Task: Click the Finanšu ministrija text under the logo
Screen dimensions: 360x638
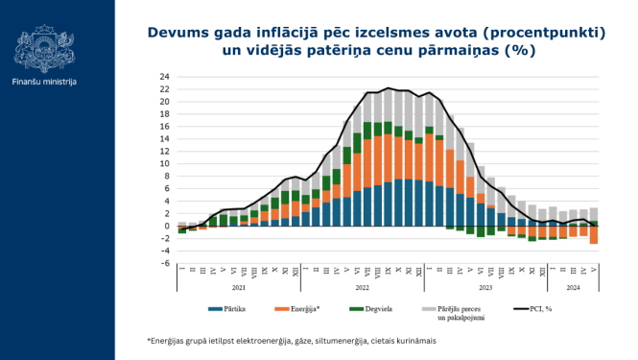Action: pyautogui.click(x=44, y=82)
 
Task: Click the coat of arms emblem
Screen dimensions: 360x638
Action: pyautogui.click(x=44, y=46)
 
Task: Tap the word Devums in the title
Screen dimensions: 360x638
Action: pyautogui.click(x=177, y=33)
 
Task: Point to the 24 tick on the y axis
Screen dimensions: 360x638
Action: pyautogui.click(x=164, y=77)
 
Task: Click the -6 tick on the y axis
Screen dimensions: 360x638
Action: pyautogui.click(x=165, y=263)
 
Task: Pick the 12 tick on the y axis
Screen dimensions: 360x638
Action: pyautogui.click(x=164, y=152)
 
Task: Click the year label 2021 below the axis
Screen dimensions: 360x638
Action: pyautogui.click(x=240, y=286)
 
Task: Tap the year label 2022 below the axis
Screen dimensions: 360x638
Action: pyautogui.click(x=363, y=286)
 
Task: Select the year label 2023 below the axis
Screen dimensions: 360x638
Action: pyautogui.click(x=485, y=286)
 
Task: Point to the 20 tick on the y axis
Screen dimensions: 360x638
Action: pyautogui.click(x=164, y=102)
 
